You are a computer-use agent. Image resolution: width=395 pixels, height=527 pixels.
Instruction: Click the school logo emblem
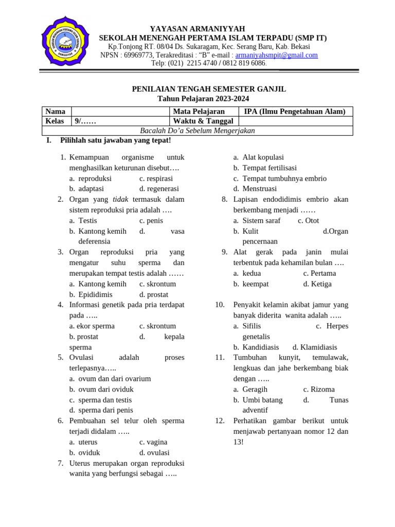pyautogui.click(x=64, y=43)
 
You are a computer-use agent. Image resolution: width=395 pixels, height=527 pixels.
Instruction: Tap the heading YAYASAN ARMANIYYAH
pyautogui.click(x=197, y=29)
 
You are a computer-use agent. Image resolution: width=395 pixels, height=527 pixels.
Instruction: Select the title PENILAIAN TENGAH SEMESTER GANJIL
pyautogui.click(x=209, y=89)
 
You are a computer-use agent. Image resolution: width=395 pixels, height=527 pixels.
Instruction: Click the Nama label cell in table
pyautogui.click(x=56, y=112)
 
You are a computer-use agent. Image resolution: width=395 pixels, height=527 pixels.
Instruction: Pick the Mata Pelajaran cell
pyautogui.click(x=199, y=112)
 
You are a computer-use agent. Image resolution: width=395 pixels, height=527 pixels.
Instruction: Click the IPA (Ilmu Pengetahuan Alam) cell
pyautogui.click(x=295, y=112)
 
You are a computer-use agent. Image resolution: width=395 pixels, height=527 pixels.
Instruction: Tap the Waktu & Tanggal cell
pyautogui.click(x=203, y=121)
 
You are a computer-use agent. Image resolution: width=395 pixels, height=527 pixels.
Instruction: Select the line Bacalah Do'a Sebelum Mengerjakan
pyautogui.click(x=197, y=130)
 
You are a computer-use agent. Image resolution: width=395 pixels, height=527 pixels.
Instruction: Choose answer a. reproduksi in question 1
pyautogui.click(x=95, y=179)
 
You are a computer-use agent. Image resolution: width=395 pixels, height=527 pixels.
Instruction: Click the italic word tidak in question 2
pyautogui.click(x=120, y=199)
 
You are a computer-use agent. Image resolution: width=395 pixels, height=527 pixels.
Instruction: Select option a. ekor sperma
pyautogui.click(x=92, y=326)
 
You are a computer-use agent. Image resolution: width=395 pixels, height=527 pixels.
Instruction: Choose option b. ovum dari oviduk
pyautogui.click(x=105, y=389)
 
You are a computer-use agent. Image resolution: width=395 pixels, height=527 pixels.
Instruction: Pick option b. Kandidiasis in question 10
pyautogui.click(x=260, y=347)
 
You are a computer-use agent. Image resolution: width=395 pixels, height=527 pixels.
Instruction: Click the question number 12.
pyautogui.click(x=220, y=420)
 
